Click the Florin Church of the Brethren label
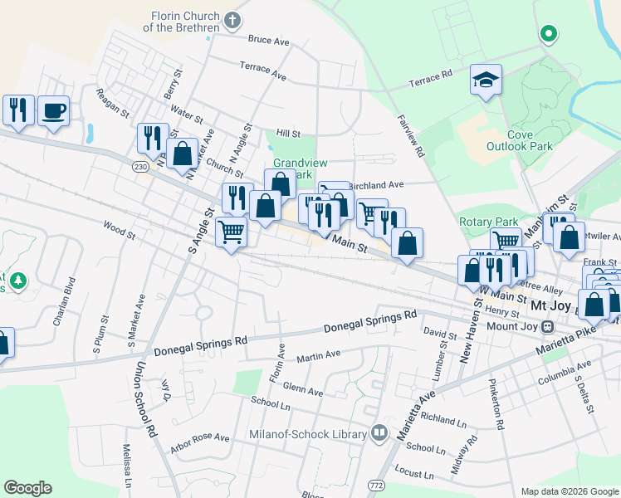[185, 22]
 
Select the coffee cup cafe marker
[53, 110]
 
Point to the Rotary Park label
[488, 222]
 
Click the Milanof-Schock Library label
[308, 434]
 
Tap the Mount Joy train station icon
[547, 326]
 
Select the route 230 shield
[140, 168]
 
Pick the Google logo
[28, 488]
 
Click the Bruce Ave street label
[268, 40]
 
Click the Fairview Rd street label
[411, 136]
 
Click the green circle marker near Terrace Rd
[547, 34]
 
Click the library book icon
[379, 432]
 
